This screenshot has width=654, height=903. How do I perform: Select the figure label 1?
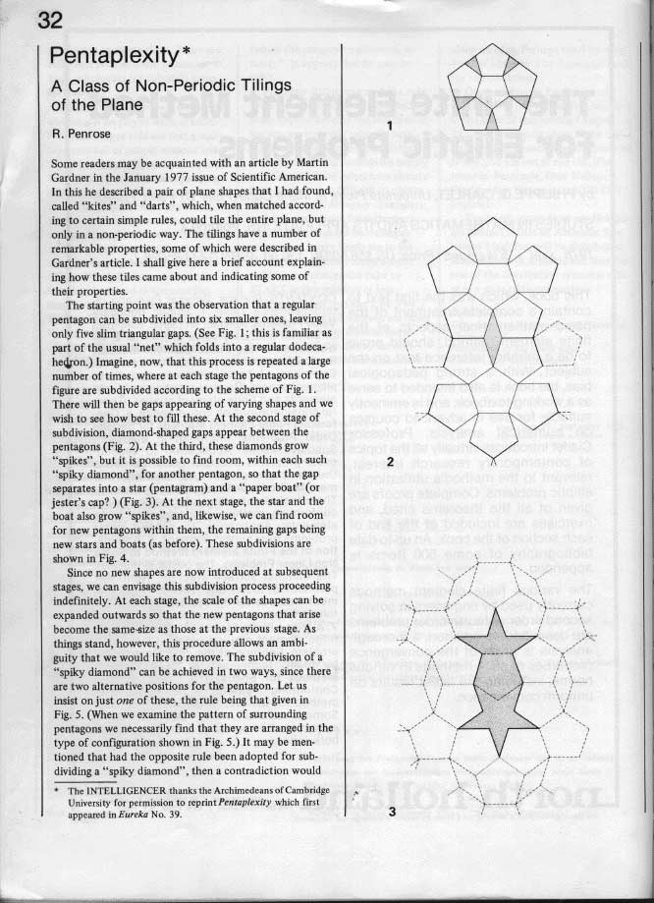point(390,125)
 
